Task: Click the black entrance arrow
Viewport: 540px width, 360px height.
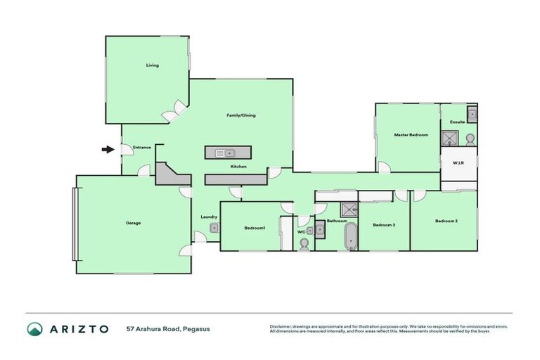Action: tap(107, 149)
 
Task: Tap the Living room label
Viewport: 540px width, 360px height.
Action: tap(153, 65)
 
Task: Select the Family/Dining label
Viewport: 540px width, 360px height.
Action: tap(240, 115)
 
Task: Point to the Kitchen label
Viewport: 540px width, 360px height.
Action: tap(238, 167)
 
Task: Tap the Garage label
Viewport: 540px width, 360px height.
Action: tap(133, 223)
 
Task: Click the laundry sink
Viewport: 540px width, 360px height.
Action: tap(214, 228)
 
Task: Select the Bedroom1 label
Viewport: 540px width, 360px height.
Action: tap(255, 228)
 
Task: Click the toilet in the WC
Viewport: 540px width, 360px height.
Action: tap(304, 244)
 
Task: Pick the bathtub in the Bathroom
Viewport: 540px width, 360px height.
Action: tap(349, 237)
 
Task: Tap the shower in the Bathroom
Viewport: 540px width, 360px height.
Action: tap(348, 209)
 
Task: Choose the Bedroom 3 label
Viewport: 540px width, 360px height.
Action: tap(384, 224)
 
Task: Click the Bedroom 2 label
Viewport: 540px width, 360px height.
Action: tap(446, 221)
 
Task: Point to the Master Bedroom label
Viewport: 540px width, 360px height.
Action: tap(411, 134)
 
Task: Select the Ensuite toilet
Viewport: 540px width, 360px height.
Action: tap(470, 137)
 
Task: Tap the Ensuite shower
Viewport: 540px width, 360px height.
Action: tap(449, 138)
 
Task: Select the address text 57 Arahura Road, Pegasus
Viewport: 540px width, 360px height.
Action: tap(168, 329)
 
